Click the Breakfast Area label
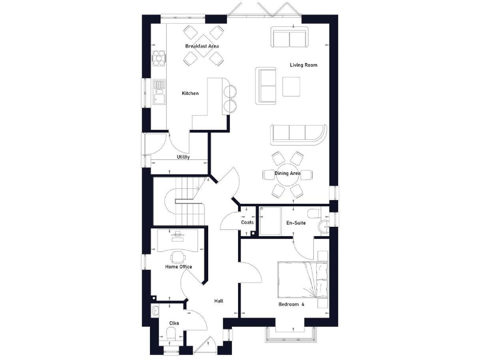(x=201, y=47)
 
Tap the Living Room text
(x=303, y=65)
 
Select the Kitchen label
(x=190, y=94)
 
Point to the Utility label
(x=182, y=157)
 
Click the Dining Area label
(x=287, y=173)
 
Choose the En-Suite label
(x=296, y=222)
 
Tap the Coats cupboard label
(x=247, y=222)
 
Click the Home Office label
(x=178, y=267)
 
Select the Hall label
(x=219, y=301)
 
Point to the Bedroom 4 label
(x=291, y=304)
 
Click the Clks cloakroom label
(x=174, y=323)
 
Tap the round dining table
(x=287, y=173)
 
